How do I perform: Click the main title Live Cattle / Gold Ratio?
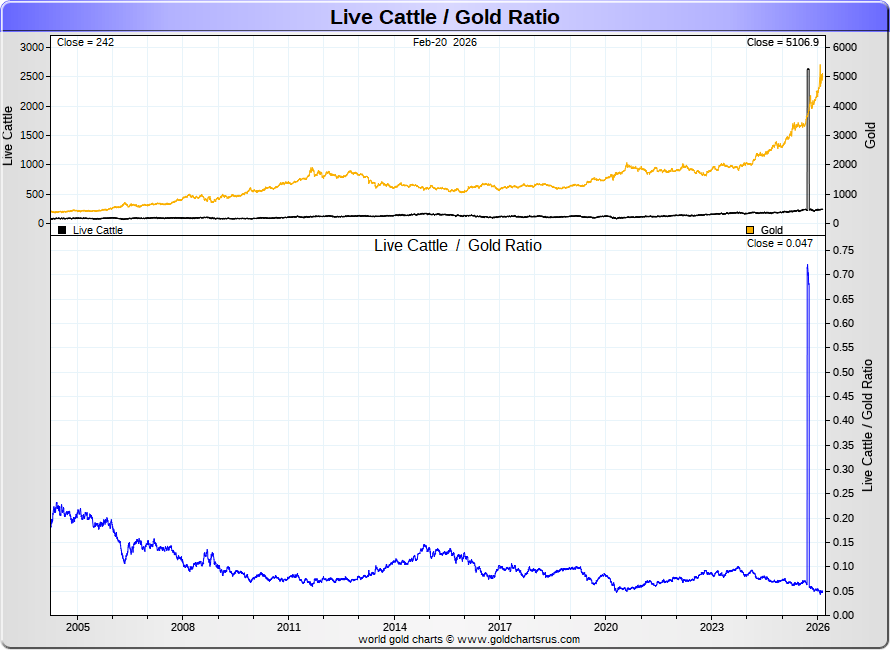coord(445,17)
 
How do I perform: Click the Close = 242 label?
coord(85,43)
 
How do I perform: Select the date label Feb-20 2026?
coord(445,43)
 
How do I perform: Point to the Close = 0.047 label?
coord(780,243)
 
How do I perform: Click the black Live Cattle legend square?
coord(62,230)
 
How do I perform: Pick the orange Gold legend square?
coord(751,230)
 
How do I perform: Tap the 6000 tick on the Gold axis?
coord(846,47)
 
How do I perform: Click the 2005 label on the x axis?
coord(78,627)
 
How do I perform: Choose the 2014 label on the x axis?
coord(395,627)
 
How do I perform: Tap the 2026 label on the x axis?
coord(818,627)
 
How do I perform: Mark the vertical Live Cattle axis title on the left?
coord(9,135)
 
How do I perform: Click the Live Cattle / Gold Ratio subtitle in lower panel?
coord(458,246)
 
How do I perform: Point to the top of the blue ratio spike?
coord(807,265)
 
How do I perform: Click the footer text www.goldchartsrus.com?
coord(519,639)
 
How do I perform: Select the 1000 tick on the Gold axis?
coord(846,194)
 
